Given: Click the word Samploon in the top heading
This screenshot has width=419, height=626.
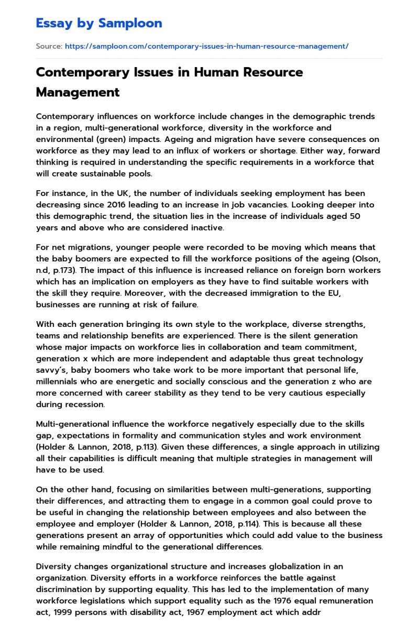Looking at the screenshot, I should tap(130, 24).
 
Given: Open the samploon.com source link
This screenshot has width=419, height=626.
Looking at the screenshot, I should tap(206, 46).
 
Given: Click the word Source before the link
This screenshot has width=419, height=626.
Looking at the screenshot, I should tap(49, 46).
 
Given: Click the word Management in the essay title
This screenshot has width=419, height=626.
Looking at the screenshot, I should tap(78, 92).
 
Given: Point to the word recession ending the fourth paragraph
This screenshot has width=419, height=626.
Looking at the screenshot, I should tap(85, 404).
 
